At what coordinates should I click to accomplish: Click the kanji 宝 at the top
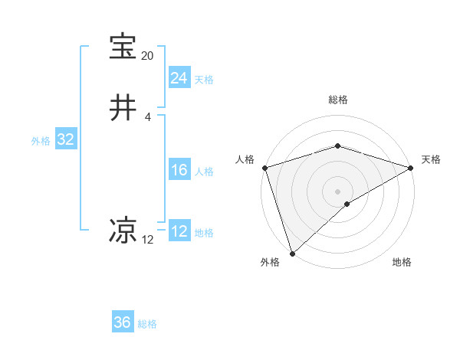123,47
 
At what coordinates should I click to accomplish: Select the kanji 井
123,108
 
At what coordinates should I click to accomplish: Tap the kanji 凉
123,231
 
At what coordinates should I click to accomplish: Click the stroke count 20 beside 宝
147,57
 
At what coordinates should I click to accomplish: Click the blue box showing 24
179,78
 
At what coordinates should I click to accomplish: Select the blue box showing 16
179,170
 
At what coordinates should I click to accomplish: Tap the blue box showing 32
65,139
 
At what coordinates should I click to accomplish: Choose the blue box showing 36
122,322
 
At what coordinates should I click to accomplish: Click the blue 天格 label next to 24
204,80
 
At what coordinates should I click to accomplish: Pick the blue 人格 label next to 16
204,172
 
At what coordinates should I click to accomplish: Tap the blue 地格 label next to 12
204,233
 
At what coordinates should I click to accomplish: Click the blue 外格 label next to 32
41,141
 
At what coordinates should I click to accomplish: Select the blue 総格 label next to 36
147,324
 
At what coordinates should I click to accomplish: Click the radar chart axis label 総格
337,100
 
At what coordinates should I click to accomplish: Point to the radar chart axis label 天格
432,159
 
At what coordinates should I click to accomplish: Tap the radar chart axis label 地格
402,263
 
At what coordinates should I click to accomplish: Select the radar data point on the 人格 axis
264,167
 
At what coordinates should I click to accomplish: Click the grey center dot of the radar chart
337,191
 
